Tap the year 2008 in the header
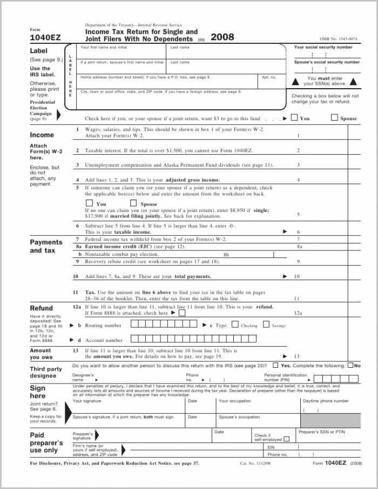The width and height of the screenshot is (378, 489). tap(222, 37)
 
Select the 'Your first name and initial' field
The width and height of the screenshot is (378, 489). tap(122, 53)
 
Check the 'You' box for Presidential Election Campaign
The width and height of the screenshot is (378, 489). tap(294, 117)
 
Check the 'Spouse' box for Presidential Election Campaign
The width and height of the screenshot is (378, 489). tap(334, 117)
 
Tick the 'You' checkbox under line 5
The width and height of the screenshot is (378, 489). tap(90, 203)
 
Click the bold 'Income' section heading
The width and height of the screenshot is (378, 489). tap(42, 135)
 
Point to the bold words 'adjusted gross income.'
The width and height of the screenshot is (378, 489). tap(193, 180)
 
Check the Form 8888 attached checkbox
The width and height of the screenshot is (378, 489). tap(182, 313)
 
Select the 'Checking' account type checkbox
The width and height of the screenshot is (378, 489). tap(234, 325)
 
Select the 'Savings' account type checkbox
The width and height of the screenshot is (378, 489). tap(266, 325)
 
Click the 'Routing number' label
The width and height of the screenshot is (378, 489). tap(103, 326)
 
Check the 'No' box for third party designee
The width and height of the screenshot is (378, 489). tap(350, 366)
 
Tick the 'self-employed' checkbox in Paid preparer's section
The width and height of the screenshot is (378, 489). tap(287, 439)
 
